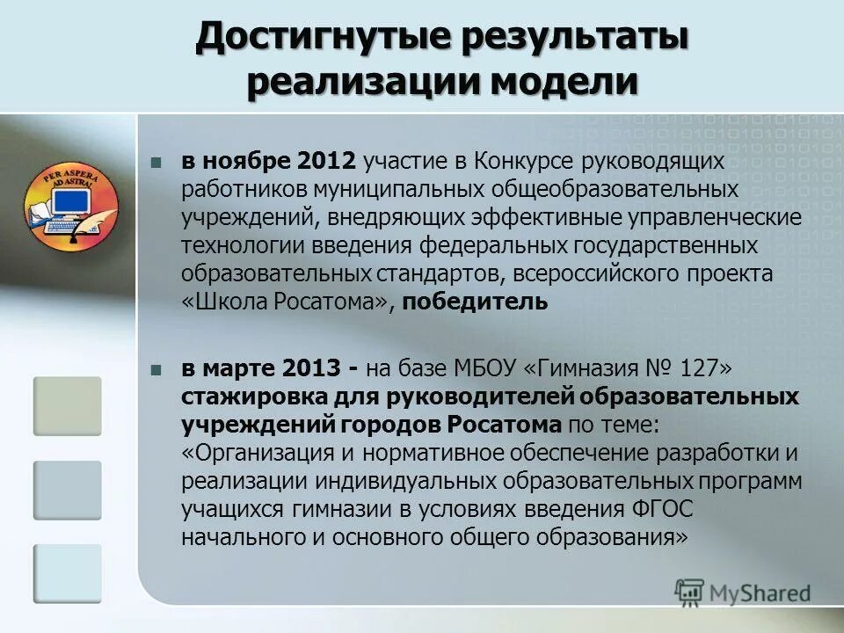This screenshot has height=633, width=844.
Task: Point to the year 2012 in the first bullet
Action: pyautogui.click(x=326, y=161)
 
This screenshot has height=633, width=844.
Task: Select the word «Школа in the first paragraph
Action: pyautogui.click(x=216, y=302)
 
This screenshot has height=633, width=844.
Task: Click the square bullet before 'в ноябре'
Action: pyautogui.click(x=156, y=163)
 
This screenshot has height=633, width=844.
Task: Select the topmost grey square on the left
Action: pyautogui.click(x=68, y=406)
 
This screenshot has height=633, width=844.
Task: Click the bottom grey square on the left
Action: pyautogui.click(x=68, y=573)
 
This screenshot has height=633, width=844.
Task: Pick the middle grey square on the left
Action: pyautogui.click(x=68, y=490)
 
